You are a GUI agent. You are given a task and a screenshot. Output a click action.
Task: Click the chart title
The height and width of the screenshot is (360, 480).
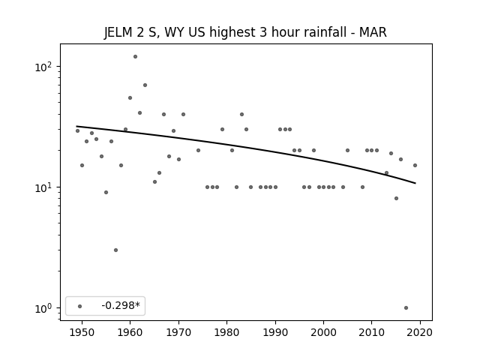(245, 32)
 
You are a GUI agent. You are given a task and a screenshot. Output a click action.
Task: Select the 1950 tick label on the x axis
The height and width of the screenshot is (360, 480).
(82, 332)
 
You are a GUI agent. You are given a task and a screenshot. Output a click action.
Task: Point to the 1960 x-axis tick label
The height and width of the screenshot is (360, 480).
(130, 332)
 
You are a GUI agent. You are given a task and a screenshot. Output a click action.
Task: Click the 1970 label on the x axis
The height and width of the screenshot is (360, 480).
(178, 332)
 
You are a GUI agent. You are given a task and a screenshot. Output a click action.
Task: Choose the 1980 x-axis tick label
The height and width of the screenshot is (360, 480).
(226, 332)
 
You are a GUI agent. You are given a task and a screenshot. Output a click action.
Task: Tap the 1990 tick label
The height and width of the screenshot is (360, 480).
(275, 332)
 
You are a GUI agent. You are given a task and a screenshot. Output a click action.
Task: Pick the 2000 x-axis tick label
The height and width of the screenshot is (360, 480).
(323, 332)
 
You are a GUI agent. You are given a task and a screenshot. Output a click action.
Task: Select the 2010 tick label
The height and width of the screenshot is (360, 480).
(372, 332)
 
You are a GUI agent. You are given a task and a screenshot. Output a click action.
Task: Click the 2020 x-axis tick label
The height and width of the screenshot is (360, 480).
(420, 332)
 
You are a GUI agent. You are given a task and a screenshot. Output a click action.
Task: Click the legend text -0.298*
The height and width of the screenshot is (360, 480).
(121, 305)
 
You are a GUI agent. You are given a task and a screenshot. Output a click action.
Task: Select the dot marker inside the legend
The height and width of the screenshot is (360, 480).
(80, 306)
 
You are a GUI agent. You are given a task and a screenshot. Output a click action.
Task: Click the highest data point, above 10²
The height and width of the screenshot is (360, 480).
(135, 57)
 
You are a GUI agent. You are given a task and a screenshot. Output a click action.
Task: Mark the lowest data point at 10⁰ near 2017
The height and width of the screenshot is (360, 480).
(406, 308)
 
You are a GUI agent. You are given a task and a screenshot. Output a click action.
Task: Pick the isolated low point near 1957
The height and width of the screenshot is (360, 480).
(115, 250)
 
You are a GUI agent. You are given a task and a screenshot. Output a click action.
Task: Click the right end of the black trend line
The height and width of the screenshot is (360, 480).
(415, 183)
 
